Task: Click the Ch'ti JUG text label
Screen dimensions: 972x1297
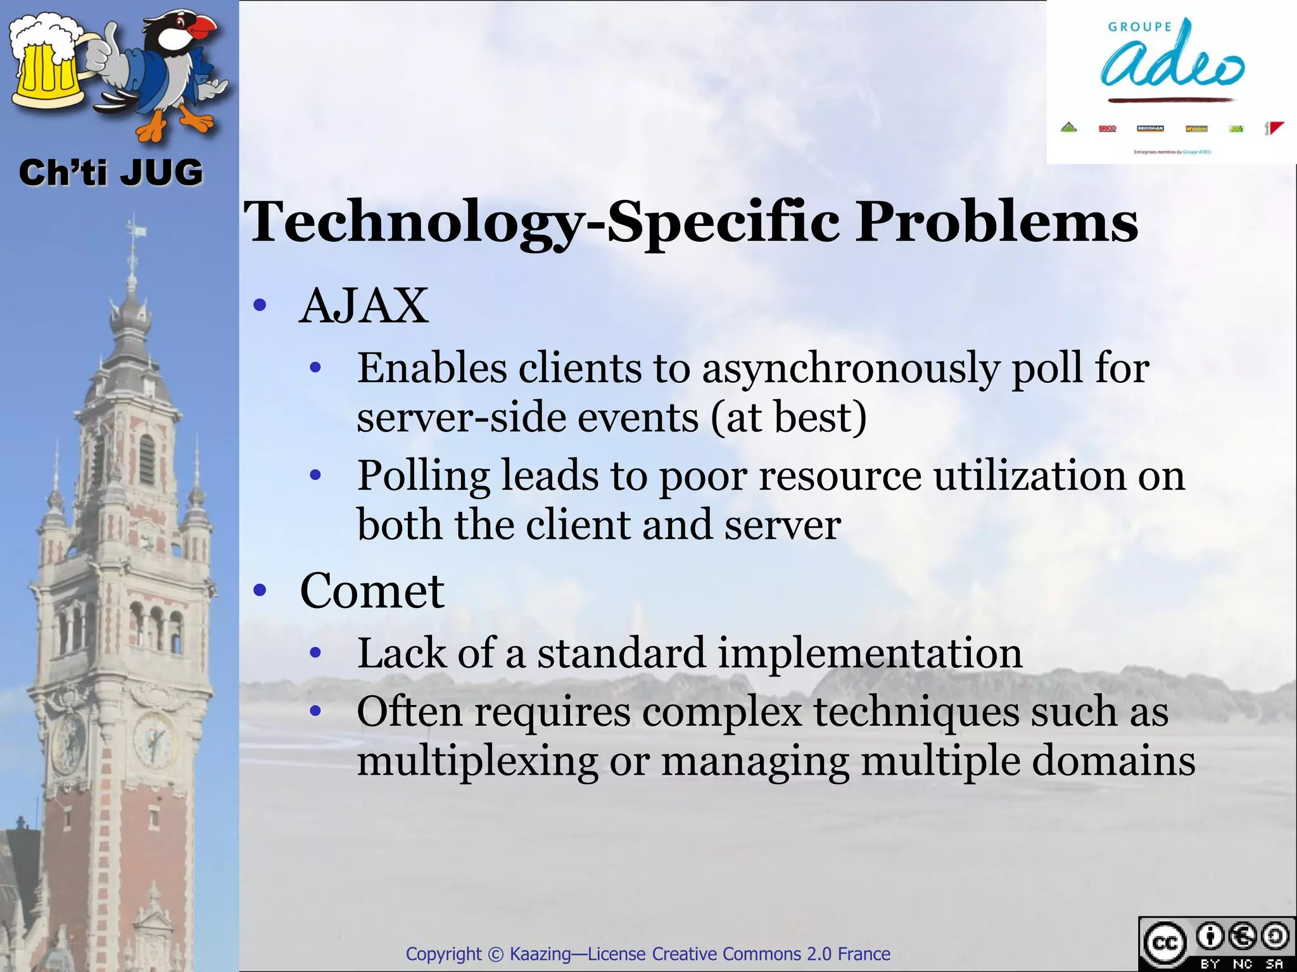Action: tap(111, 173)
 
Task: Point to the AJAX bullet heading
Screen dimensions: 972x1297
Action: tap(364, 306)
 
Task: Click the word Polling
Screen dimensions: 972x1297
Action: tap(424, 476)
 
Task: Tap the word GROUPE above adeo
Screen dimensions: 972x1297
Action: tap(1140, 27)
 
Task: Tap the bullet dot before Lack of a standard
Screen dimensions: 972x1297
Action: tap(316, 652)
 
